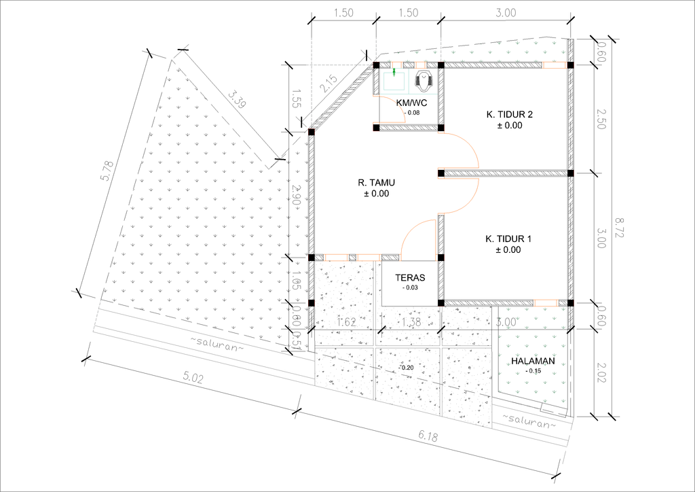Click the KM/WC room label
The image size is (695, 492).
pyautogui.click(x=412, y=103)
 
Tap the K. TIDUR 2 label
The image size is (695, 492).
pyautogui.click(x=509, y=114)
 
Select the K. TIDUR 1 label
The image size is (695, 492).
pyautogui.click(x=508, y=239)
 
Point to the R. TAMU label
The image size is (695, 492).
pyautogui.click(x=376, y=183)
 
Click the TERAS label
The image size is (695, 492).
pyautogui.click(x=410, y=278)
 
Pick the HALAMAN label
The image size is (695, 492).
pyautogui.click(x=533, y=361)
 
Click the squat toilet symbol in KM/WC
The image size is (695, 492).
pyautogui.click(x=424, y=80)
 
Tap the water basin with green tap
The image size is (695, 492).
pyautogui.click(x=394, y=80)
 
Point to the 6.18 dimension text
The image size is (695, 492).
pyautogui.click(x=428, y=436)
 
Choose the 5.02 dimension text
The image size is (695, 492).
pyautogui.click(x=193, y=378)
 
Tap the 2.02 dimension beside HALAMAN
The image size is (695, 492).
pyautogui.click(x=601, y=372)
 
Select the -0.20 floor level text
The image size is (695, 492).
pyautogui.click(x=406, y=368)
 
